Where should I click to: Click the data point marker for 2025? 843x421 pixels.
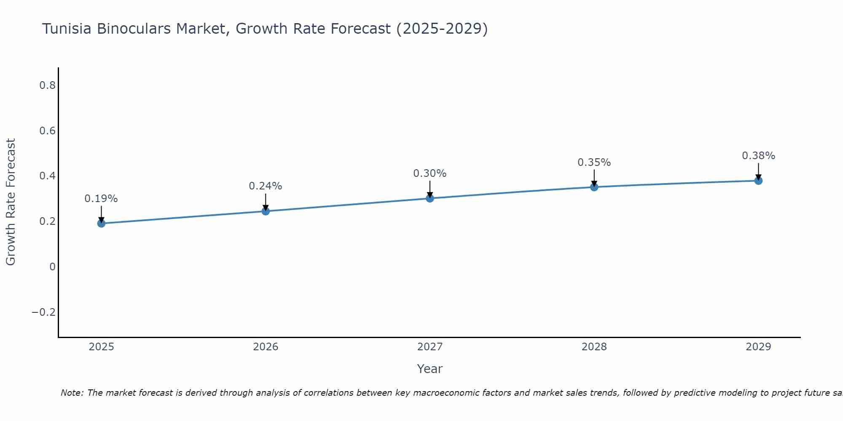(x=101, y=223)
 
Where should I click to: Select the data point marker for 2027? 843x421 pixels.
(x=430, y=198)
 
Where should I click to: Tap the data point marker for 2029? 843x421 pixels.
(x=758, y=181)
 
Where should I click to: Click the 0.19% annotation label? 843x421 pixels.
(x=101, y=199)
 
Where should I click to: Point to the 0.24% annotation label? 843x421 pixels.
(x=265, y=186)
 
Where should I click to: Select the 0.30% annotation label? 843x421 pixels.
(x=430, y=173)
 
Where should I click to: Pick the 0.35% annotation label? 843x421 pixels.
(x=594, y=163)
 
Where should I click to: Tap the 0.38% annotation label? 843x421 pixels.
(x=758, y=156)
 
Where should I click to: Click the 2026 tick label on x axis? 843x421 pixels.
(x=266, y=347)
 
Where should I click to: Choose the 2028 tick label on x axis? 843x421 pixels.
(x=594, y=347)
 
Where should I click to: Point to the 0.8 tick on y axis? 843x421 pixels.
(x=47, y=85)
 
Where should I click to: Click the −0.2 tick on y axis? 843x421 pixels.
(x=43, y=312)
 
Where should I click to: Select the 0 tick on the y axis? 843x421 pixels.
(x=52, y=266)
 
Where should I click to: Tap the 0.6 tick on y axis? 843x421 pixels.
(x=47, y=131)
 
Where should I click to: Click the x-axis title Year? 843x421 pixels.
(x=430, y=369)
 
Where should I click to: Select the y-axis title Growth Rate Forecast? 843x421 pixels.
(x=11, y=202)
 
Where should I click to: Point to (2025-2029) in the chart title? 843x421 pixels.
(x=442, y=29)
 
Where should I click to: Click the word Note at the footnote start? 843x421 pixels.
(x=72, y=393)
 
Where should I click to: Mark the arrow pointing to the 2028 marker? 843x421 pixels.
(x=594, y=178)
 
